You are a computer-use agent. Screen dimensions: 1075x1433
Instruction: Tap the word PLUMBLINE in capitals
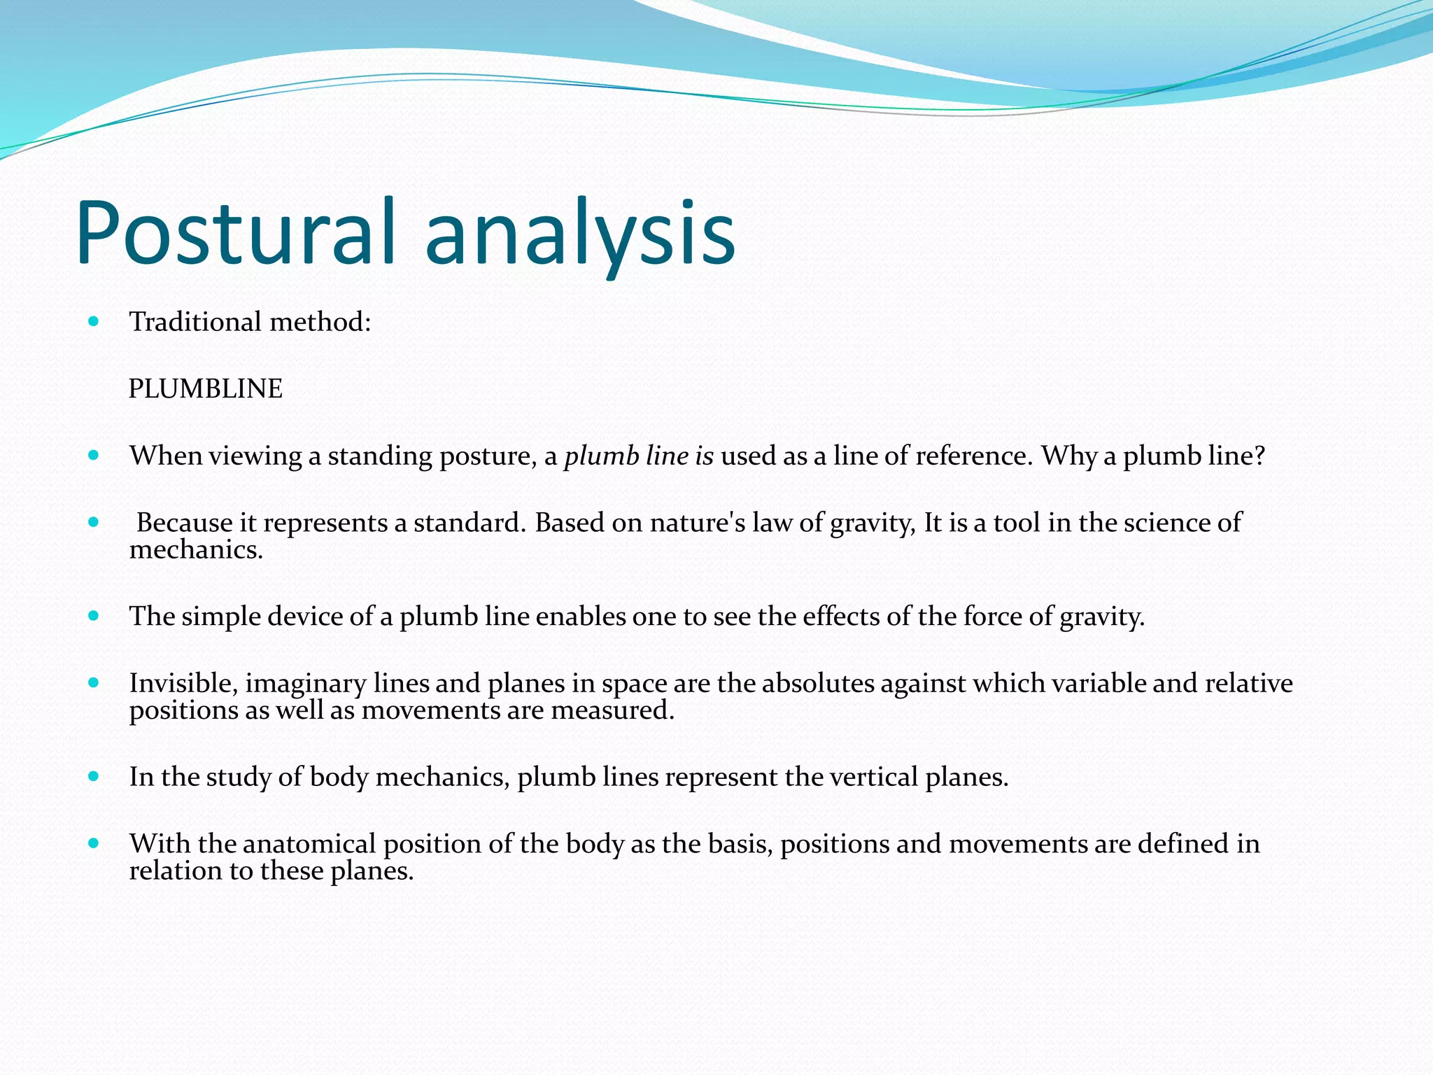(x=205, y=389)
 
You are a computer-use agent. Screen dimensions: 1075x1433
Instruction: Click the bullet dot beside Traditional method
(x=94, y=321)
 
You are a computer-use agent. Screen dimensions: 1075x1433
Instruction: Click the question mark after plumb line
(x=1259, y=456)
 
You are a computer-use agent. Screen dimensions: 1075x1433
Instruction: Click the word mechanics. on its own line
(x=196, y=550)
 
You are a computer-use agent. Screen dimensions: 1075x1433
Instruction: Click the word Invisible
(x=183, y=683)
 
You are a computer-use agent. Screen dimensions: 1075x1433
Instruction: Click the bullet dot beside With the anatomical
(x=94, y=843)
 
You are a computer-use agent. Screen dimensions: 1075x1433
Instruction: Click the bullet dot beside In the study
(x=94, y=776)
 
